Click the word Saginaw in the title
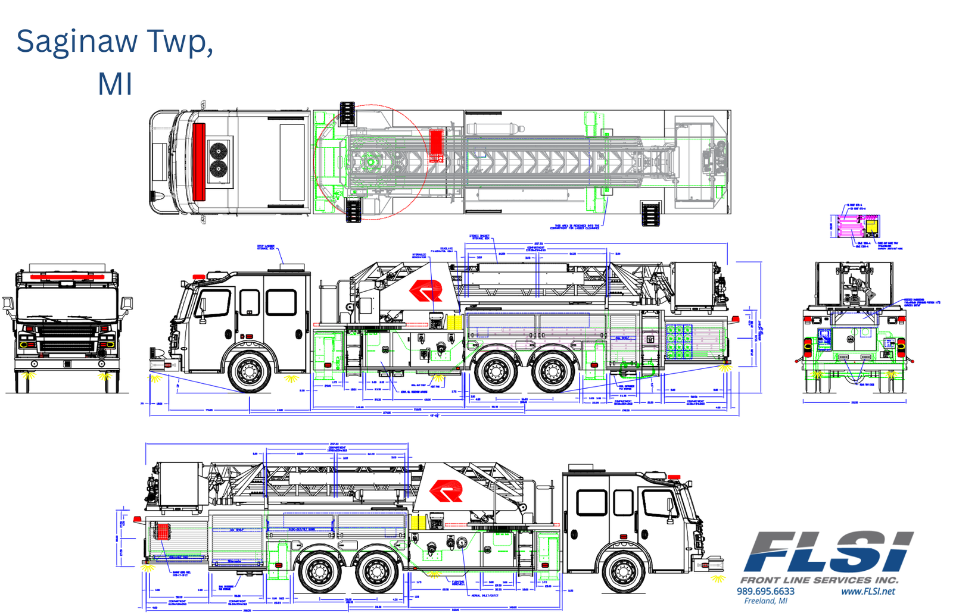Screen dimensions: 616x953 [x=76, y=42]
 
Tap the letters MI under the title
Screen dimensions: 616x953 [x=115, y=84]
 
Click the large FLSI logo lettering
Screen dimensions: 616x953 [x=828, y=552]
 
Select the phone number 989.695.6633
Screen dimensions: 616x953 [x=765, y=591]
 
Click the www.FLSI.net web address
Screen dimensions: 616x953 [x=868, y=591]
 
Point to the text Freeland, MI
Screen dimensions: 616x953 [x=765, y=601]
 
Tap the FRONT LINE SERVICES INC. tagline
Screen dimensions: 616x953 [x=819, y=580]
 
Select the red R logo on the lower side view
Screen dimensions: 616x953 [x=446, y=491]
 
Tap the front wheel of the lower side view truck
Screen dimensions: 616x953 [x=622, y=572]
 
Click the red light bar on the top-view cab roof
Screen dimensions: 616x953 [x=198, y=161]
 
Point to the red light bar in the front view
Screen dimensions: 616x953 [x=67, y=277]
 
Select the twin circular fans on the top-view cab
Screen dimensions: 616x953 [x=219, y=161]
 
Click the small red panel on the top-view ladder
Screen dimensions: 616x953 [x=436, y=146]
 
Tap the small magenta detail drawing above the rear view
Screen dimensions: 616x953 [x=854, y=226]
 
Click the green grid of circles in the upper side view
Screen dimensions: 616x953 [x=679, y=342]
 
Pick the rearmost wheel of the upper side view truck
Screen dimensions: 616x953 [x=552, y=371]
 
